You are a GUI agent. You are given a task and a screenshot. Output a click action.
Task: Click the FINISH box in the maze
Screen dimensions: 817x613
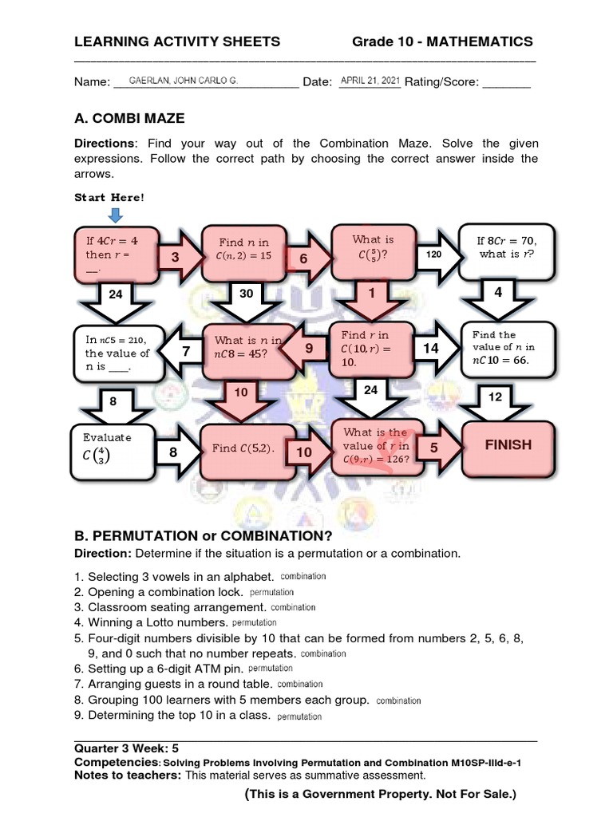508,445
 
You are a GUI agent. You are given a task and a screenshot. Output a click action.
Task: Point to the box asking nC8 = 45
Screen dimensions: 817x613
248,349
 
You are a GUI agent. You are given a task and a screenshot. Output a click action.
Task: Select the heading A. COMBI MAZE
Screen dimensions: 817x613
129,118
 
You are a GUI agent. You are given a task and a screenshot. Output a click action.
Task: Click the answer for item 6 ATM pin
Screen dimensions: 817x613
271,668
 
